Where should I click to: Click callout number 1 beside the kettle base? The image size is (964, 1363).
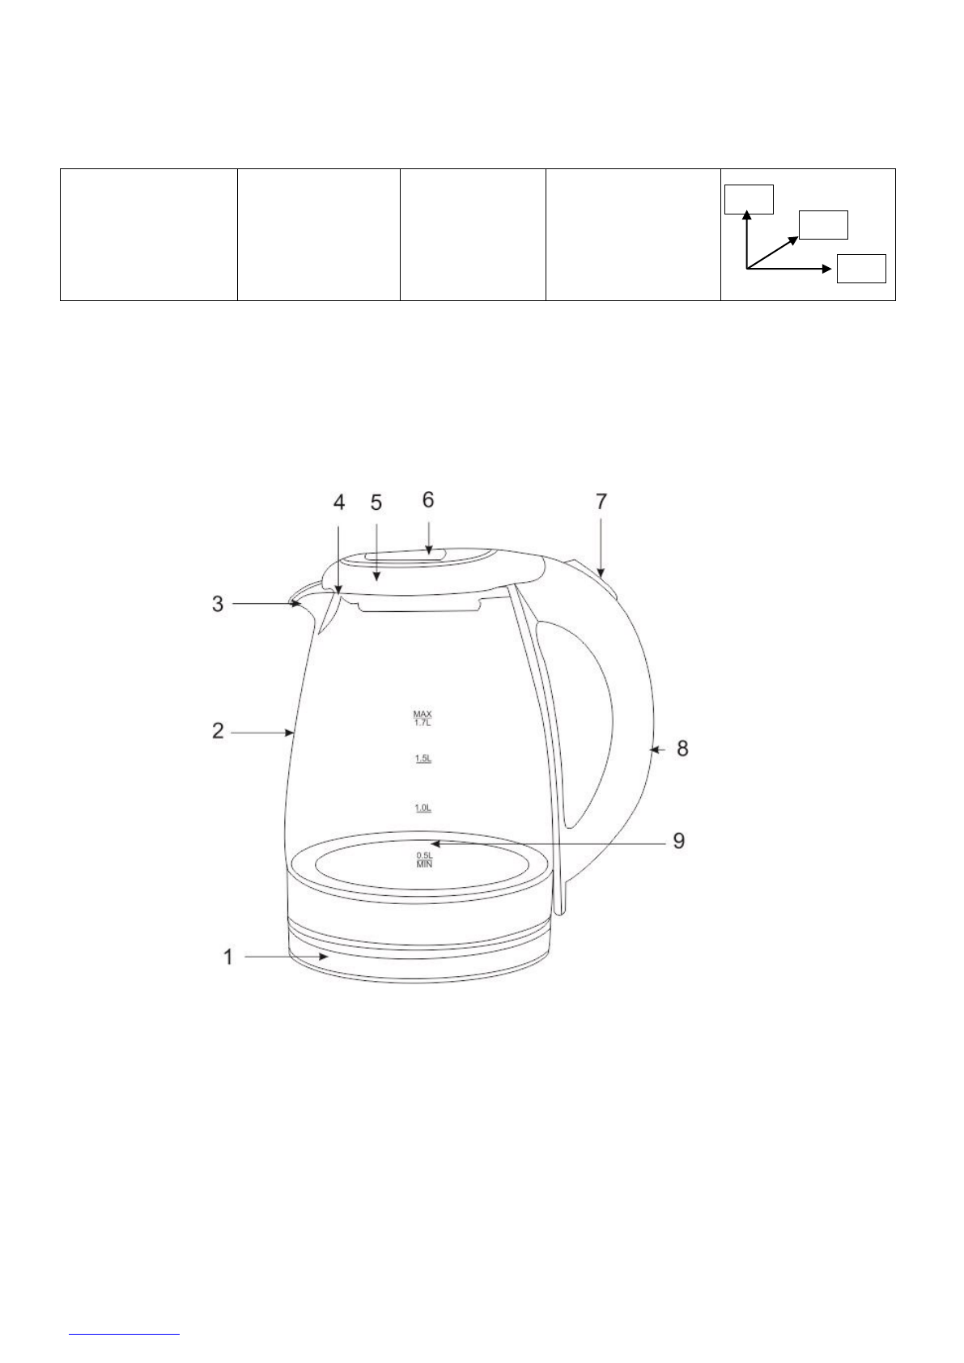click(228, 957)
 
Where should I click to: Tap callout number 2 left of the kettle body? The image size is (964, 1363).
click(218, 731)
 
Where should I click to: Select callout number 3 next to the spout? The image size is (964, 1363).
click(218, 604)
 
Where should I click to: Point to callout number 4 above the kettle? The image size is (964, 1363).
click(339, 503)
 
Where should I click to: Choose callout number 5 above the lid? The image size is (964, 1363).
click(376, 503)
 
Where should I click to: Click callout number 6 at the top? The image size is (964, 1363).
click(428, 499)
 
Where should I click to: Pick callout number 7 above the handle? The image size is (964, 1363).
click(601, 501)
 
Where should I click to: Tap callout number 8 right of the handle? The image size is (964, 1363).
click(683, 749)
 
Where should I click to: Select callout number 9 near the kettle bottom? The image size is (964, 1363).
click(679, 841)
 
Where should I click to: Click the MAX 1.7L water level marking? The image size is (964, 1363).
click(423, 718)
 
